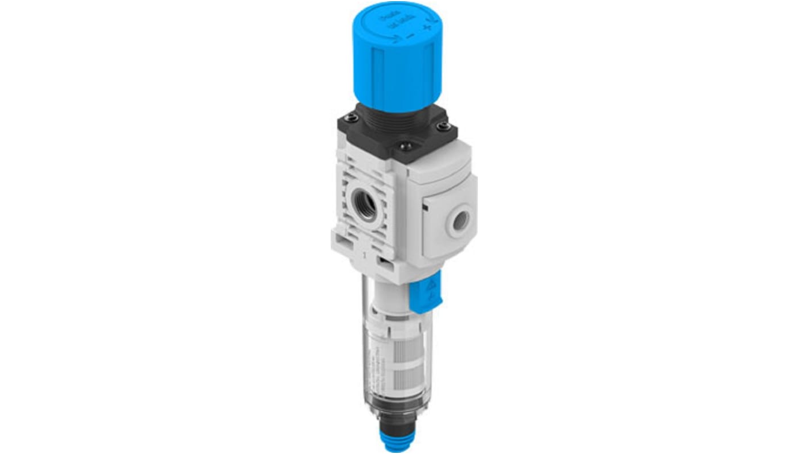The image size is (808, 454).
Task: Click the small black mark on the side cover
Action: point(424,211)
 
